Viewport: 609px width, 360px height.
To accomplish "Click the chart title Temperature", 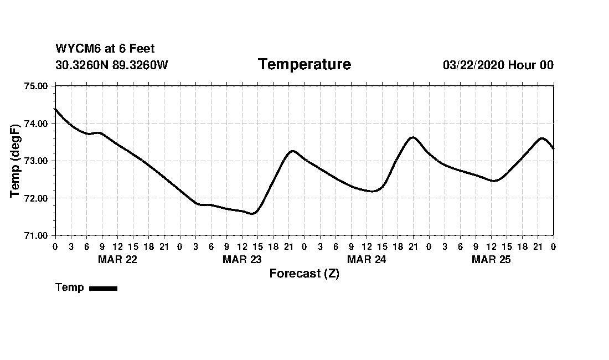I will (x=304, y=64).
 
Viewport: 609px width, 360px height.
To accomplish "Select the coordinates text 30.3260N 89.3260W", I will (x=111, y=65).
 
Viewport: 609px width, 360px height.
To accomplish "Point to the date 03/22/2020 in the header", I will (x=473, y=65).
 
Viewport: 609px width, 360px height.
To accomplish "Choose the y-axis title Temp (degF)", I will (x=16, y=161).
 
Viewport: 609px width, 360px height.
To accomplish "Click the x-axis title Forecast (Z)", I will (x=304, y=274).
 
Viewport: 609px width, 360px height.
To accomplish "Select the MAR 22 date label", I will (x=117, y=260).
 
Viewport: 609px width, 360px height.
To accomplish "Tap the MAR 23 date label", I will (x=242, y=260).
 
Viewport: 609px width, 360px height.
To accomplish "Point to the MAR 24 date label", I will (x=367, y=260).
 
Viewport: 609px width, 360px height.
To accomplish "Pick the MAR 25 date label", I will (x=491, y=260).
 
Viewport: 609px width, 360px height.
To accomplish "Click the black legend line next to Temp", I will (x=103, y=288).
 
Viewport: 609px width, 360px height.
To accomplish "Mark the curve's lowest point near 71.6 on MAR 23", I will (x=252, y=213).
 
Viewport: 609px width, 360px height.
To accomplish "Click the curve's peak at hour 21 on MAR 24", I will (x=412, y=137).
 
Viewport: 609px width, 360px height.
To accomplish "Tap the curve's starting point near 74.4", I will (x=55, y=109).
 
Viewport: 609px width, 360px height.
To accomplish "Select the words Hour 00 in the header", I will (x=531, y=65).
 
